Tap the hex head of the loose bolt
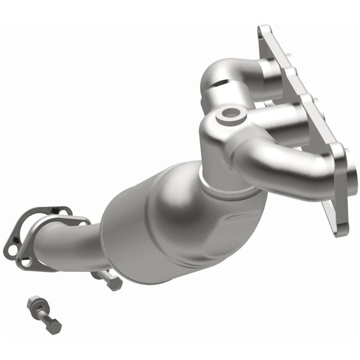click(x=53, y=326)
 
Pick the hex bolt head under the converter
click(x=114, y=283)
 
